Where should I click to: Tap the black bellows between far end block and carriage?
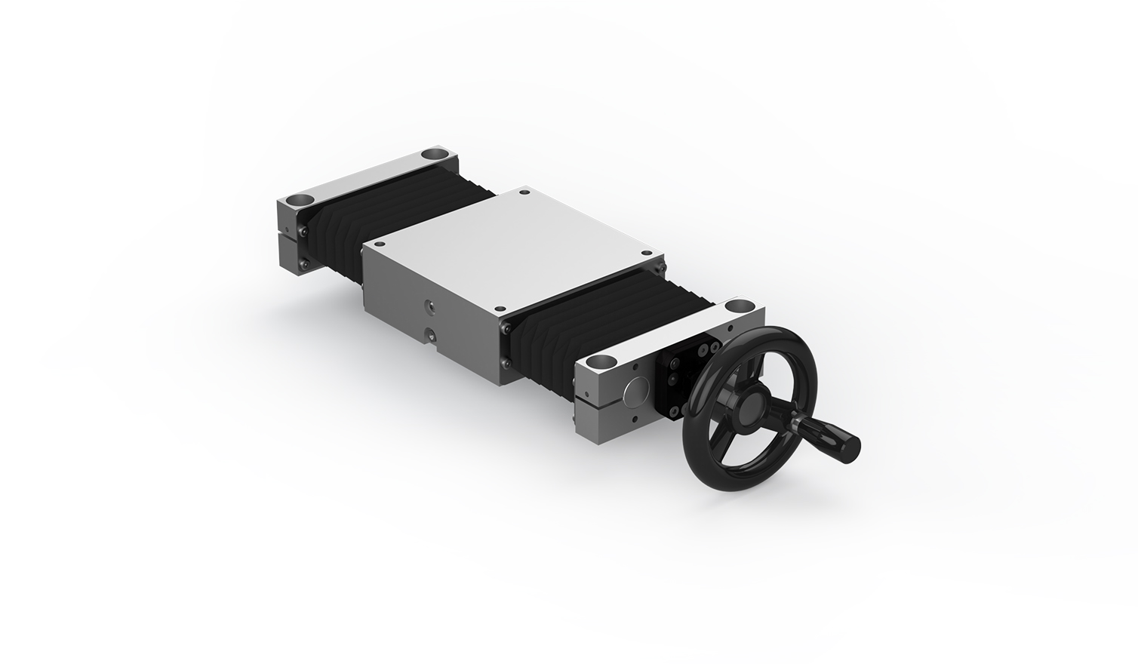(392, 219)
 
